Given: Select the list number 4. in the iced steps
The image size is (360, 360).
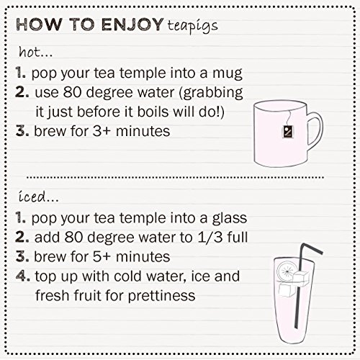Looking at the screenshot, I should pyautogui.click(x=23, y=275).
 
